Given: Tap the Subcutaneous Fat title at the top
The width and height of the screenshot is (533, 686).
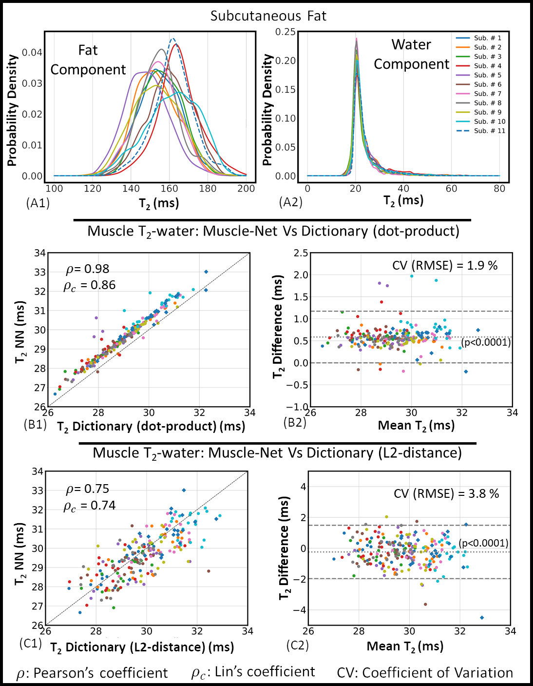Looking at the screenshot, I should (268, 16).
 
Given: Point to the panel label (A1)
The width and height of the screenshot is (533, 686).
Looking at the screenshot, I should (38, 203).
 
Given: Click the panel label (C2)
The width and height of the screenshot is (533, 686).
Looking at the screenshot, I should (297, 645).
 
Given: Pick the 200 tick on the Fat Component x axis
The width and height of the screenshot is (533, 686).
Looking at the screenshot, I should (246, 189).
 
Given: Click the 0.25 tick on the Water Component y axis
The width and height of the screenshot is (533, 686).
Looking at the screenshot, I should (286, 32).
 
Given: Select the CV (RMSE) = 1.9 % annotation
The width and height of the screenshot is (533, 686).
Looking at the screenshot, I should (445, 266).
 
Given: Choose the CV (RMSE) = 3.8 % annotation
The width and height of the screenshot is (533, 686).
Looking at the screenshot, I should (446, 494).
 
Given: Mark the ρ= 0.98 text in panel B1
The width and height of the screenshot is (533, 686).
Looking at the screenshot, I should (88, 269).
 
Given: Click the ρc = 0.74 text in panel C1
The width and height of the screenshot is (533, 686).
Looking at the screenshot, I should (90, 506).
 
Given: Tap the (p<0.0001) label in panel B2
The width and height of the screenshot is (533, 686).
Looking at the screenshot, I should (486, 342).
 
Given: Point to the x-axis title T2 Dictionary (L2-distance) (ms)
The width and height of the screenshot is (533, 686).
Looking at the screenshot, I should (142, 647).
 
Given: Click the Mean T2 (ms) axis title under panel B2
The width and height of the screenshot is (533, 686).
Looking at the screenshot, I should (416, 426).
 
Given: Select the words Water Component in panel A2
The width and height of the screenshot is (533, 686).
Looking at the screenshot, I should (411, 55).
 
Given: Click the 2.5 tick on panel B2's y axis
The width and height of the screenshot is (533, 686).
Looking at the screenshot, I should (301, 253).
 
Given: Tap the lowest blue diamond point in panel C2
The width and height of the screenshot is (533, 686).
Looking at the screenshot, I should (482, 618).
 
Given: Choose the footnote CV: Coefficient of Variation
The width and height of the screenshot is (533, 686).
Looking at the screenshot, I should (425, 673).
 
